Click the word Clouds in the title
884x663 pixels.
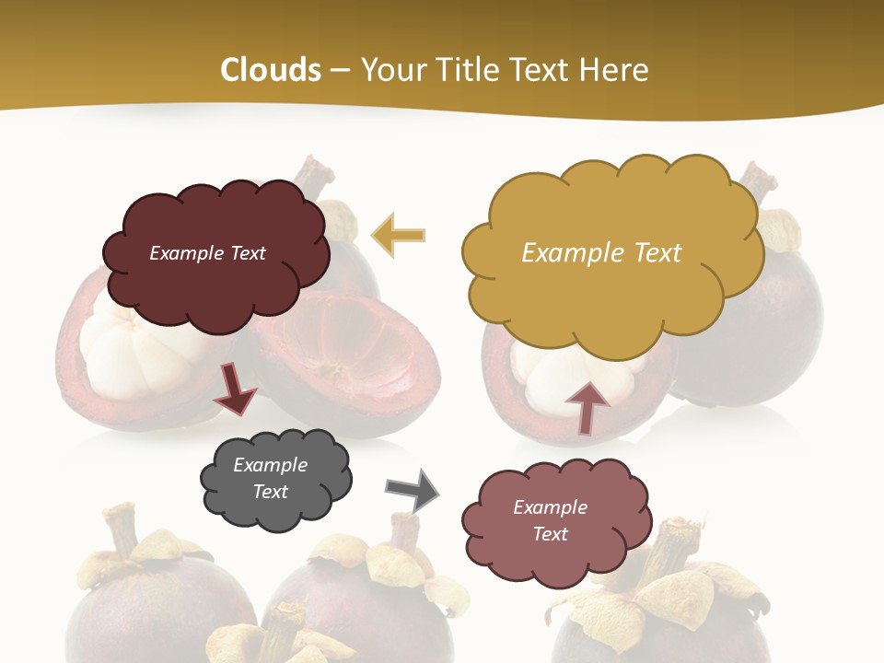(x=271, y=70)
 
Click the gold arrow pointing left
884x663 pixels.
(x=398, y=235)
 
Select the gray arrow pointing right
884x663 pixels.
(x=413, y=490)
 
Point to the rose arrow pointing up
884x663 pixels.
(x=587, y=407)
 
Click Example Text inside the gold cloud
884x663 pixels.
(x=601, y=252)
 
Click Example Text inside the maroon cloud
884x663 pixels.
(x=207, y=252)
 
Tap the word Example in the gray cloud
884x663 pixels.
(x=270, y=465)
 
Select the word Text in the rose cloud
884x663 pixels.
(x=550, y=534)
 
